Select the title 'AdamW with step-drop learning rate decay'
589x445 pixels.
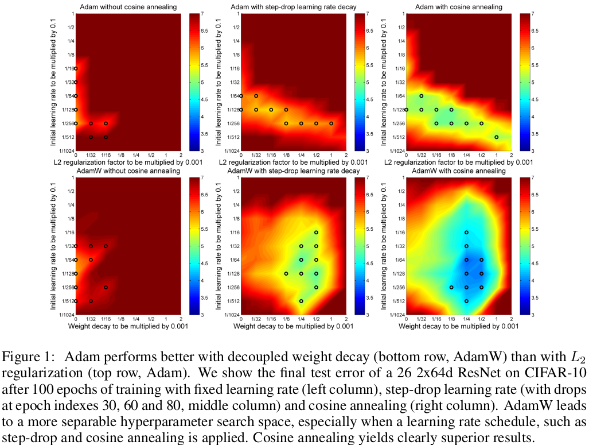pos(294,171)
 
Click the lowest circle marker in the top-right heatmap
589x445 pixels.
pos(496,137)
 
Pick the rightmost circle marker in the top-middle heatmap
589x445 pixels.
pos(331,123)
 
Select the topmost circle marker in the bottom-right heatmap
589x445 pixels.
pos(466,233)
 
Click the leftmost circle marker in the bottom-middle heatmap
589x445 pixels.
pos(286,273)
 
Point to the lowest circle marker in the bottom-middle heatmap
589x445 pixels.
pos(301,301)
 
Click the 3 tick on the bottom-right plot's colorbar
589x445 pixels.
pos(533,315)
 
